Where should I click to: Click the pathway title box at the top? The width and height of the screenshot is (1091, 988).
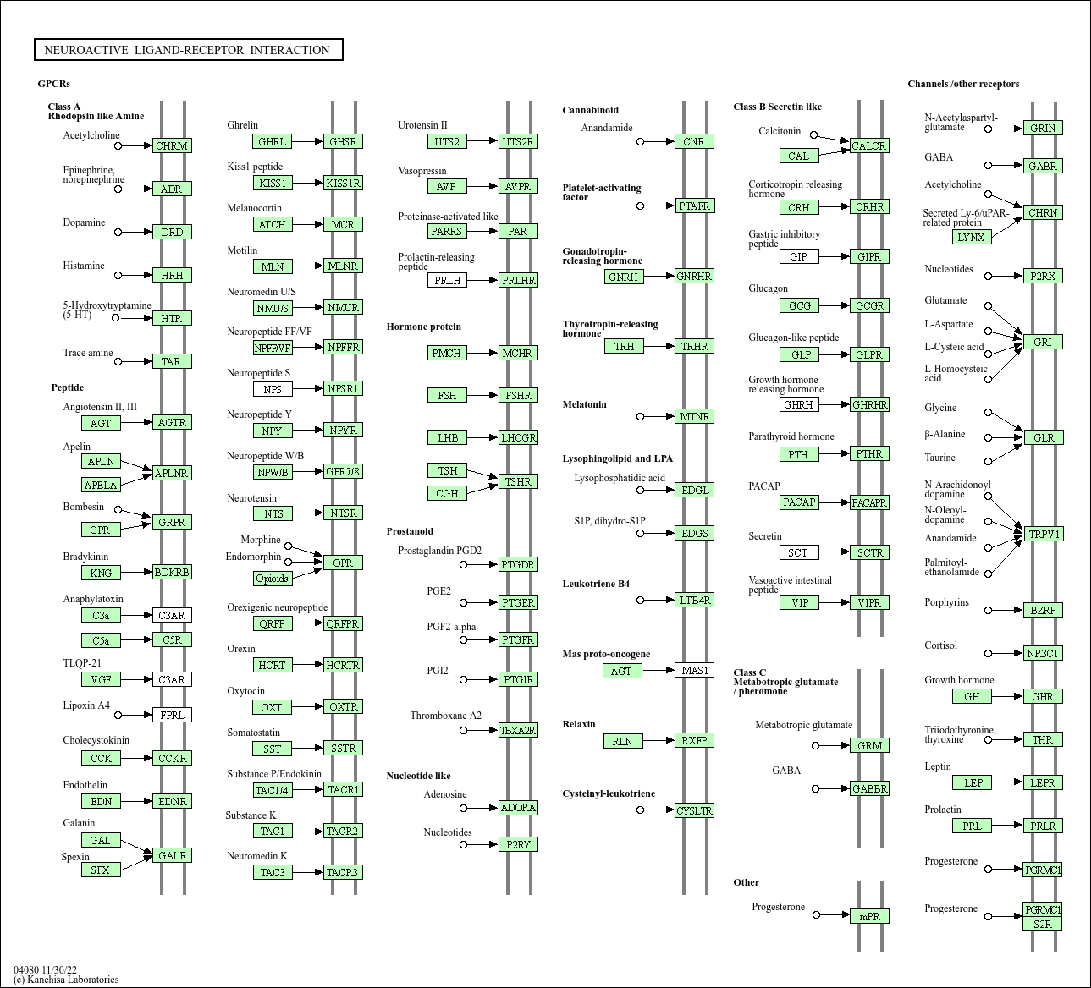pyautogui.click(x=188, y=49)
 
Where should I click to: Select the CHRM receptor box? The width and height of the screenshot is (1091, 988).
pyautogui.click(x=172, y=145)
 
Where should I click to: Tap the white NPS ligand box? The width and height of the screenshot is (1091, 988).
pyautogui.click(x=273, y=389)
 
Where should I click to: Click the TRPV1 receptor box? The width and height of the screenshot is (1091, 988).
pyautogui.click(x=1043, y=534)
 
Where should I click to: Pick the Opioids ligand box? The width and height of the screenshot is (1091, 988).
pyautogui.click(x=273, y=579)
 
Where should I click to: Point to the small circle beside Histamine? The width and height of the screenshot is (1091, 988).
pyautogui.click(x=118, y=275)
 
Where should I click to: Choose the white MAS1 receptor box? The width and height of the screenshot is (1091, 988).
pyautogui.click(x=695, y=670)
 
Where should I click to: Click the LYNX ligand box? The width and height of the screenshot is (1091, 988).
pyautogui.click(x=972, y=237)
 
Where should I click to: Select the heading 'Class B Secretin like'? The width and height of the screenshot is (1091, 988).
pyautogui.click(x=777, y=107)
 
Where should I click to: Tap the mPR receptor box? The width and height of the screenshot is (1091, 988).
pyautogui.click(x=869, y=916)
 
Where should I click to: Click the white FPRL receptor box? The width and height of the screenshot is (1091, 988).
pyautogui.click(x=172, y=715)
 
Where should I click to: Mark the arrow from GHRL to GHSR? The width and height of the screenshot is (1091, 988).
pyautogui.click(x=308, y=141)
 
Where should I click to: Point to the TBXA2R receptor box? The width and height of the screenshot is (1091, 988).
pyautogui.click(x=518, y=730)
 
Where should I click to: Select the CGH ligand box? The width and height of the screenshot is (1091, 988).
pyautogui.click(x=447, y=493)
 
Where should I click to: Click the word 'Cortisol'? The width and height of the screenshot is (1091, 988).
pyautogui.click(x=940, y=645)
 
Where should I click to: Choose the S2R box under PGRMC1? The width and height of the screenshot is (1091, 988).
pyautogui.click(x=1043, y=924)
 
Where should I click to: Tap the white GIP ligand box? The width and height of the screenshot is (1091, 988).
pyautogui.click(x=798, y=256)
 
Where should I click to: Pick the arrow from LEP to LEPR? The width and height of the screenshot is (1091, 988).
pyautogui.click(x=1007, y=782)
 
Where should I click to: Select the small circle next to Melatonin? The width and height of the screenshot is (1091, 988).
pyautogui.click(x=640, y=416)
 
